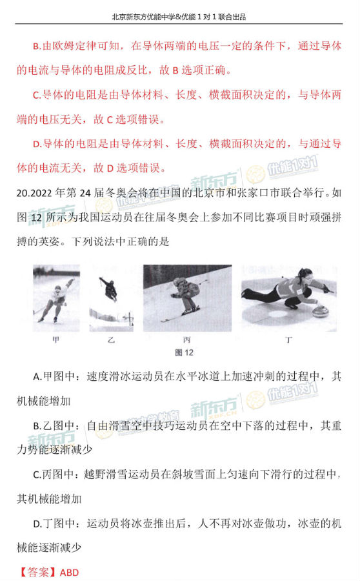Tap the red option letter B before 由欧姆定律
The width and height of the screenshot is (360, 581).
point(36,46)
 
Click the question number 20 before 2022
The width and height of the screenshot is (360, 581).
point(18,192)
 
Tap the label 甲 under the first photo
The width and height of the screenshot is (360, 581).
point(56,338)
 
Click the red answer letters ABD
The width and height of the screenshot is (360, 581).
point(68,572)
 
